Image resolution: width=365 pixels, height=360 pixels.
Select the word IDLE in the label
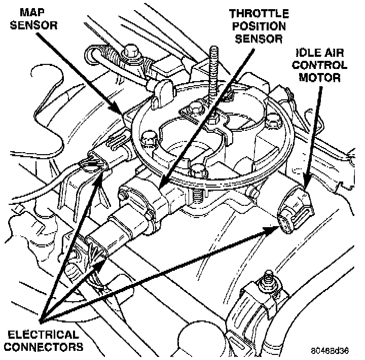tap(310, 52)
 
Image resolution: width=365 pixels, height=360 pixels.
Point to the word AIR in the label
tap(337, 52)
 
